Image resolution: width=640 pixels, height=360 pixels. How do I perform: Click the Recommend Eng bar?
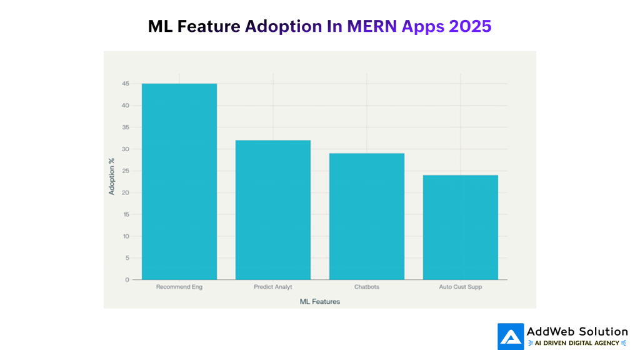(179, 181)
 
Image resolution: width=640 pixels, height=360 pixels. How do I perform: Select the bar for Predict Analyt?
(273, 209)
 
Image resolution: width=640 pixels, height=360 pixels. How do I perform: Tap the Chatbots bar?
(367, 216)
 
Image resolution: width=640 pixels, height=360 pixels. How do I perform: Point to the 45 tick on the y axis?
(126, 84)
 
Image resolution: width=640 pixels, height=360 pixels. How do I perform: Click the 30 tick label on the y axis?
(126, 149)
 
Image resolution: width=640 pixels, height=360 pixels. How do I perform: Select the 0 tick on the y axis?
(127, 279)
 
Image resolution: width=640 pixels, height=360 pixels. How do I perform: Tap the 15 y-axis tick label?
(126, 214)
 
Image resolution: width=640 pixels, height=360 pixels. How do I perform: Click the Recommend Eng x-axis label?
(179, 287)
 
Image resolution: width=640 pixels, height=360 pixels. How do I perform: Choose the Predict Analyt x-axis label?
(273, 287)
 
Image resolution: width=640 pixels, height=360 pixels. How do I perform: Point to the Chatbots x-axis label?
(367, 287)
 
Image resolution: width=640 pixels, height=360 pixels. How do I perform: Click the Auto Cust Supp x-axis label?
(461, 287)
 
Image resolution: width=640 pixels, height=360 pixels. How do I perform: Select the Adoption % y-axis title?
(112, 176)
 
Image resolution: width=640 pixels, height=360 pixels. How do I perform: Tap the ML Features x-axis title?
(320, 301)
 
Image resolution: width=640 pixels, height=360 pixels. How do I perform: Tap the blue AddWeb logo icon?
(511, 336)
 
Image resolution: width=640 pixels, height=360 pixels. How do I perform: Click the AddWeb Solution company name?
(577, 331)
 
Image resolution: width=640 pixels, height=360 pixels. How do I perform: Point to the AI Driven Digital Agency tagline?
(577, 343)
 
